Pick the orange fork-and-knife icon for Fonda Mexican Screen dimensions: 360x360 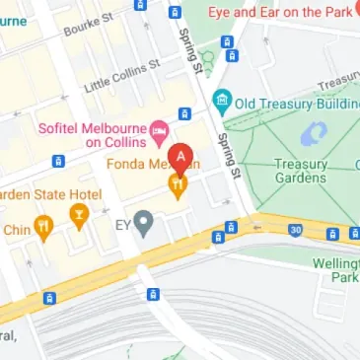[179, 183]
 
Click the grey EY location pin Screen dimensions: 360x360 [145, 223]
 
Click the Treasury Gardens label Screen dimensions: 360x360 [300, 171]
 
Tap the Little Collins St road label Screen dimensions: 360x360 [122, 77]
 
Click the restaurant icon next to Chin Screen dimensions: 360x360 [42, 230]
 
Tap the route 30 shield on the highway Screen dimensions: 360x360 [295, 231]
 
